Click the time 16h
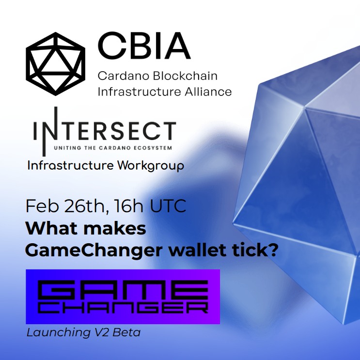tap(128, 206)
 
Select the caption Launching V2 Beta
tap(83, 333)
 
